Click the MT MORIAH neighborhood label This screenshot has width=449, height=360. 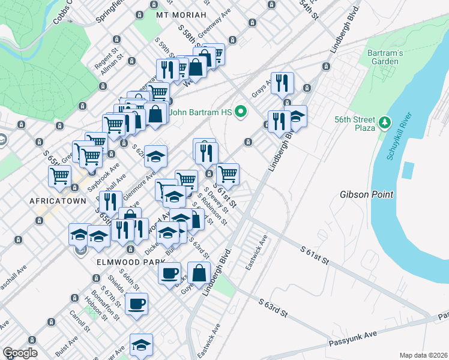(181, 14)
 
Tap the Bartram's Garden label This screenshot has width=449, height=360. (383, 57)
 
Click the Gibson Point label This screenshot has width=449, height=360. (366, 194)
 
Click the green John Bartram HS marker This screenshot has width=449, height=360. (241, 112)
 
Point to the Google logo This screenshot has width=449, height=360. (20, 353)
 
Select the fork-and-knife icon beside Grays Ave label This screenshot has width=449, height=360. (282, 84)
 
